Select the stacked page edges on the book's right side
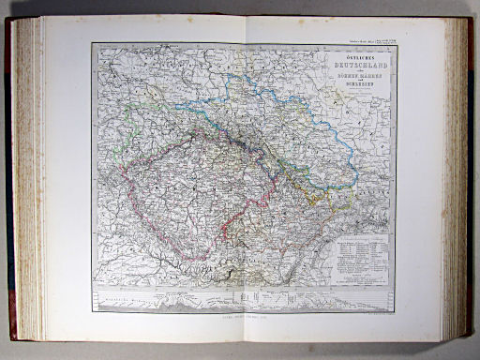point(457,178)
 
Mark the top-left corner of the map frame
point(93,45)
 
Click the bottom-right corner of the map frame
point(397,311)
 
